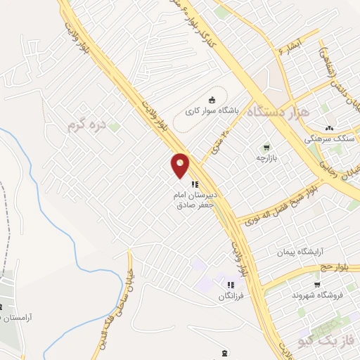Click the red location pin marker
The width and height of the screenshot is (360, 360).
[x=181, y=165]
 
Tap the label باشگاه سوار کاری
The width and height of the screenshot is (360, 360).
[x=212, y=111]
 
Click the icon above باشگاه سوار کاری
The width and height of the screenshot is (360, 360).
[x=213, y=100]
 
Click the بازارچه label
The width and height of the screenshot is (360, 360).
[x=266, y=158]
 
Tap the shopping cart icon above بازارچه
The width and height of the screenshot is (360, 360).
[x=266, y=148]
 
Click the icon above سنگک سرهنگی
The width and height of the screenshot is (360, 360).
[x=329, y=128]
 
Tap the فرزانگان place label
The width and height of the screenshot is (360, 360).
[x=231, y=296]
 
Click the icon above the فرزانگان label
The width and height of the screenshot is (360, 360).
[x=230, y=285]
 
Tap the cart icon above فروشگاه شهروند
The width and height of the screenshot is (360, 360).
[x=317, y=285]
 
